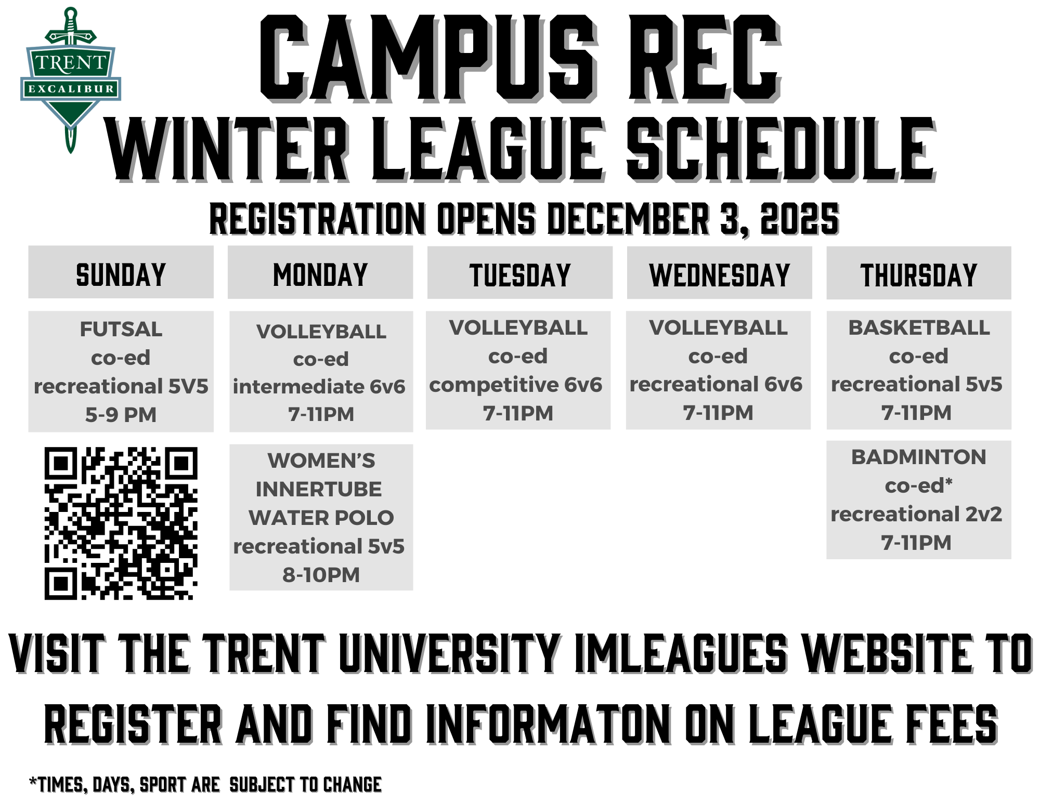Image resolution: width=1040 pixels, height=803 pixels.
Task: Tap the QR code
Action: [121, 523]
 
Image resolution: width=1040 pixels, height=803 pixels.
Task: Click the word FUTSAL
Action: [121, 329]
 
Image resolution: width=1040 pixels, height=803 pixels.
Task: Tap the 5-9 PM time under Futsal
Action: [121, 415]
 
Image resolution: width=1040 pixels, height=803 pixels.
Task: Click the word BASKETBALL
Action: [919, 327]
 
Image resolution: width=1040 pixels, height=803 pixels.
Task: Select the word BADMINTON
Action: [919, 457]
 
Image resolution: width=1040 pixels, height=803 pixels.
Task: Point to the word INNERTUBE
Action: [319, 489]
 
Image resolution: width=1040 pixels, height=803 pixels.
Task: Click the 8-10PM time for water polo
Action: [321, 575]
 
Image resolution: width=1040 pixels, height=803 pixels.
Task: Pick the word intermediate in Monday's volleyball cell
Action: [298, 387]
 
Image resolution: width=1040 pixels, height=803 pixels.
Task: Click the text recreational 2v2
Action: [916, 514]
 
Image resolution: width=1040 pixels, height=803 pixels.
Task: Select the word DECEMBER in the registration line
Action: [629, 219]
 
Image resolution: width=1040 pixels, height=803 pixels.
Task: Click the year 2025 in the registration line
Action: [799, 219]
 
